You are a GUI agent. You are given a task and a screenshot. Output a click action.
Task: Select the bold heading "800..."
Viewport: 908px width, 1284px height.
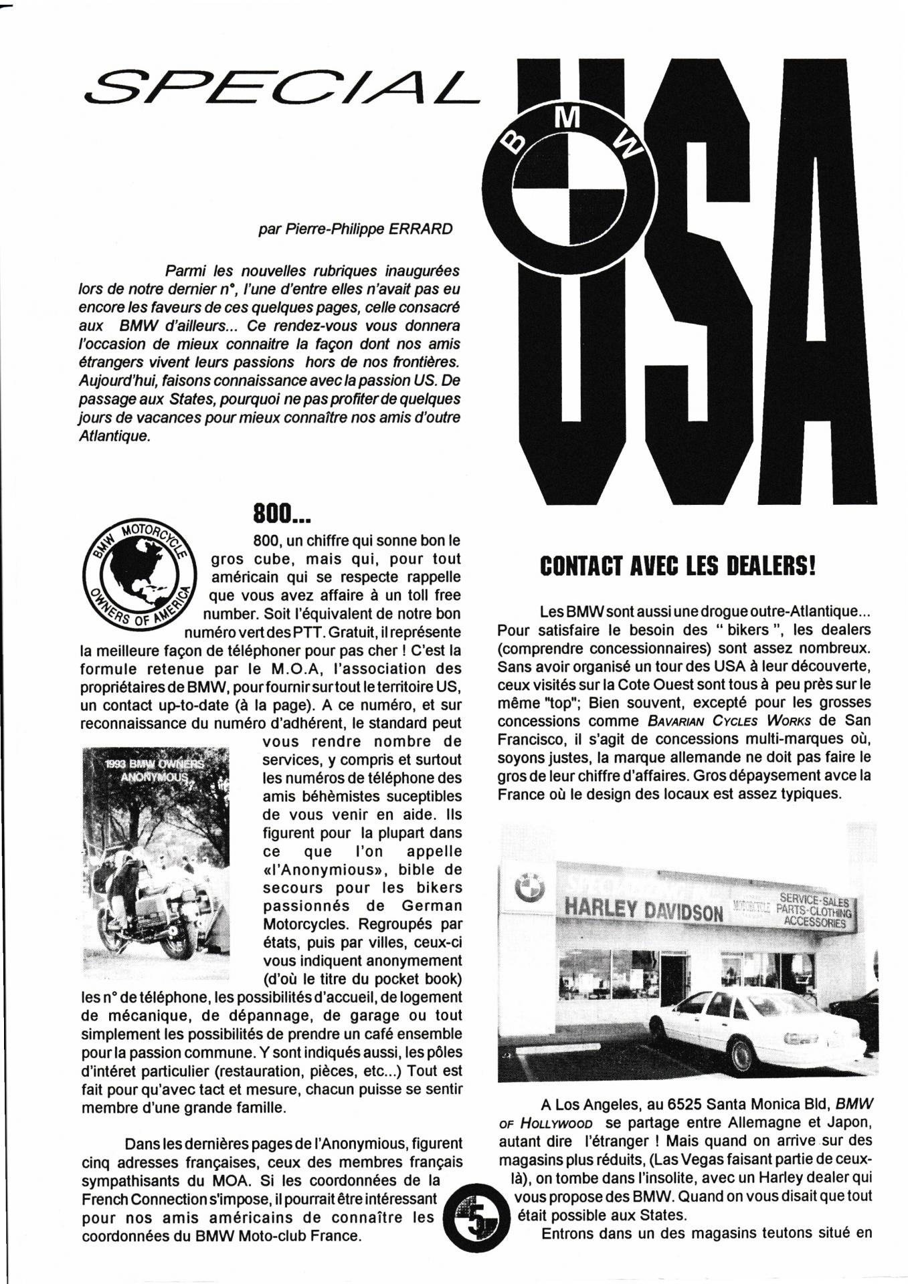[282, 514]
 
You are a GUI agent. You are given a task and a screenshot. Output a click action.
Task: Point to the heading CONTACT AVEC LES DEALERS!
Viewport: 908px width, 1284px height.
[678, 567]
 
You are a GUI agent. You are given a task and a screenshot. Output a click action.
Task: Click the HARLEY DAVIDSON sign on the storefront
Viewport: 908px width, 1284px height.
[644, 909]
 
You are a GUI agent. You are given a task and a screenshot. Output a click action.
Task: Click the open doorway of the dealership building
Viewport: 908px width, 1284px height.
[674, 980]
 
